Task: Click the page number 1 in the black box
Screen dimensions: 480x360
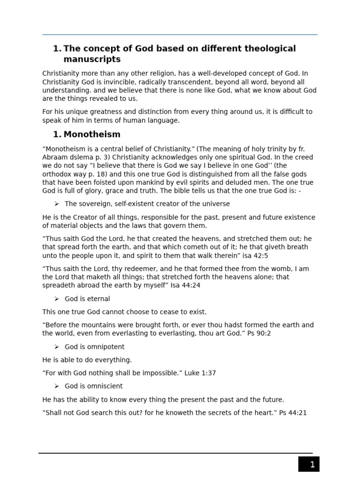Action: click(312, 465)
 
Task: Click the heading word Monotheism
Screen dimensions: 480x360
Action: click(92, 135)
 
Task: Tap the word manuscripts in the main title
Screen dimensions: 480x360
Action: click(92, 60)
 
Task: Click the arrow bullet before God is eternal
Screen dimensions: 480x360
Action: click(57, 299)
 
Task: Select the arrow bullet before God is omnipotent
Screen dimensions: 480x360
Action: click(57, 347)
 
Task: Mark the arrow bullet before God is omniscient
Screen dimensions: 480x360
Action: click(57, 386)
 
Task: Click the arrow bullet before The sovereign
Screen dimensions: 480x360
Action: click(57, 204)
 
